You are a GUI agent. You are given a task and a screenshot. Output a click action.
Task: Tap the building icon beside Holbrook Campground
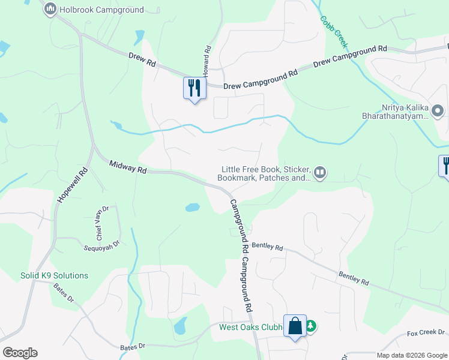click(x=50, y=9)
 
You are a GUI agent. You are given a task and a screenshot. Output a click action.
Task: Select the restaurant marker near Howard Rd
click(x=194, y=88)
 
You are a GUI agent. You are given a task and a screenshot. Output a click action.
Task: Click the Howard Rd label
click(x=207, y=61)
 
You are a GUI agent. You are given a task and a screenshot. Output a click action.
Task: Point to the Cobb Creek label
click(x=330, y=27)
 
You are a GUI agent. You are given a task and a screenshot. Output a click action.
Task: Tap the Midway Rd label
click(x=128, y=167)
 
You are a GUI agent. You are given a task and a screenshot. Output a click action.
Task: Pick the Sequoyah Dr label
click(x=102, y=244)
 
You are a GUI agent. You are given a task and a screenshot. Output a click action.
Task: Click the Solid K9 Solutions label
click(x=54, y=275)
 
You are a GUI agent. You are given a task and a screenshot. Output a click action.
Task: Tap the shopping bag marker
click(x=295, y=326)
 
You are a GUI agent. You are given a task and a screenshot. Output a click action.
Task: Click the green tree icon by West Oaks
click(x=310, y=326)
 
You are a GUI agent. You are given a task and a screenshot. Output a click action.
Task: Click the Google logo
click(x=20, y=353)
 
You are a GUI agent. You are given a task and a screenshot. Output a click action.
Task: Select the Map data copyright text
click(x=411, y=355)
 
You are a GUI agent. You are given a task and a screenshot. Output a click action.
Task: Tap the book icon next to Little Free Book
click(x=321, y=174)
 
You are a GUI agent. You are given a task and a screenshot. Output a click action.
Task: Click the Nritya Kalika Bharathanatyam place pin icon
click(x=438, y=111)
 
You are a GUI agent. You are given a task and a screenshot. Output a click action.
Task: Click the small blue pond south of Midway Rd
click(x=192, y=208)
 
